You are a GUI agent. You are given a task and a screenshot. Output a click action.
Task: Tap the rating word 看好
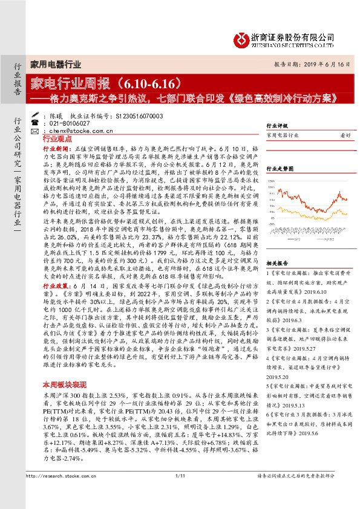click(345, 136)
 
